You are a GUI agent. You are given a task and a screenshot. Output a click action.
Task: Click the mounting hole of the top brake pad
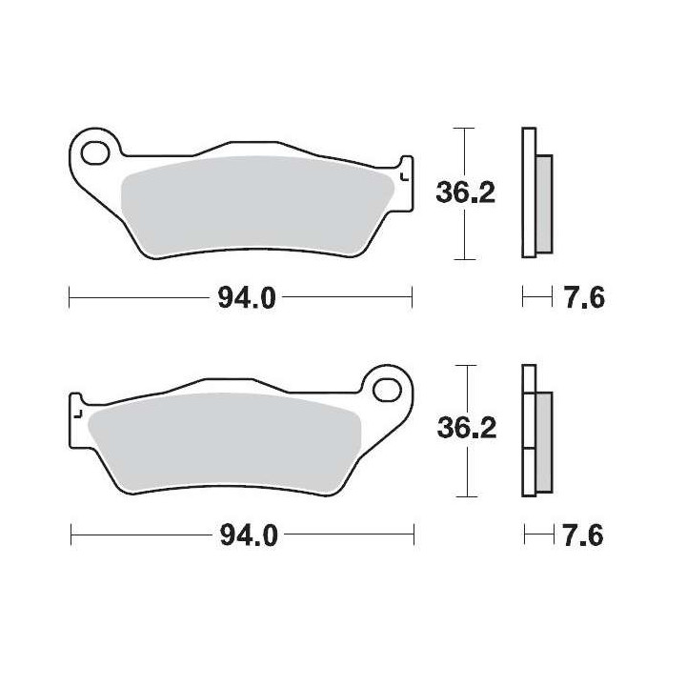[95, 152]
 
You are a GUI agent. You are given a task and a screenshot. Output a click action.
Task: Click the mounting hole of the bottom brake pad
[388, 390]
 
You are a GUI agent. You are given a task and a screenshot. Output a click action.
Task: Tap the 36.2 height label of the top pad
[466, 192]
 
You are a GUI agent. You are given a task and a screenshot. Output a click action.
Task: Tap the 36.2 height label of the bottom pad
[467, 428]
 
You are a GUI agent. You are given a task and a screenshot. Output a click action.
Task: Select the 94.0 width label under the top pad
[247, 299]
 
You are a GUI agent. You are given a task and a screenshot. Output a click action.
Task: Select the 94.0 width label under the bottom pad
[249, 535]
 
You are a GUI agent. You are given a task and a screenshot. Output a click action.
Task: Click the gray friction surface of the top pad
[258, 206]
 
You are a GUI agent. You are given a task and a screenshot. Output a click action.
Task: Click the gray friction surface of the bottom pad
[224, 442]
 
